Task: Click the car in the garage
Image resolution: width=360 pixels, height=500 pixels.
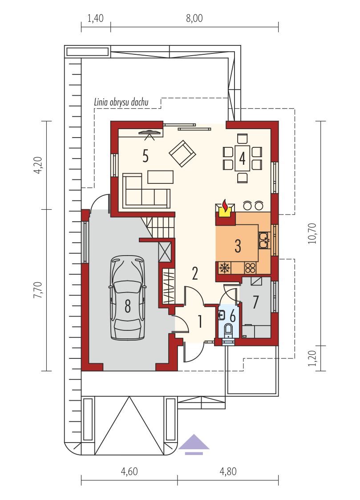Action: click(x=128, y=298)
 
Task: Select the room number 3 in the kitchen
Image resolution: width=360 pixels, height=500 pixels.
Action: click(x=238, y=246)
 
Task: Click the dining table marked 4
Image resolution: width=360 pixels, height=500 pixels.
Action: click(x=243, y=159)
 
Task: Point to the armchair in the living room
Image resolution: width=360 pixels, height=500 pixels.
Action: click(x=182, y=154)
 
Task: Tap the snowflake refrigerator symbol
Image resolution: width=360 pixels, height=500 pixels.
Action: click(x=225, y=268)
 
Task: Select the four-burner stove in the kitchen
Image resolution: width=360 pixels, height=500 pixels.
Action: click(x=251, y=268)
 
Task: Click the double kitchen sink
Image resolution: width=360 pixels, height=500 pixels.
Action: click(x=264, y=240)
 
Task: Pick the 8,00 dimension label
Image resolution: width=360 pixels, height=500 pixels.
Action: click(x=194, y=18)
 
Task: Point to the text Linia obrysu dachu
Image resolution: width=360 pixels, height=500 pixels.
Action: click(x=121, y=102)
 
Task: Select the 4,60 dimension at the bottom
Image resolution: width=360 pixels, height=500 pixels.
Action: click(x=129, y=472)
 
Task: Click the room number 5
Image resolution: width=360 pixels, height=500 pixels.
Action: click(x=146, y=156)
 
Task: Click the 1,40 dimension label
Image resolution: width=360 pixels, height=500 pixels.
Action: click(x=96, y=18)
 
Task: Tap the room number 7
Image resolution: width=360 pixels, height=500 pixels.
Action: click(x=255, y=302)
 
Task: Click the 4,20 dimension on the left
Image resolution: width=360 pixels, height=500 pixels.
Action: click(x=38, y=165)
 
